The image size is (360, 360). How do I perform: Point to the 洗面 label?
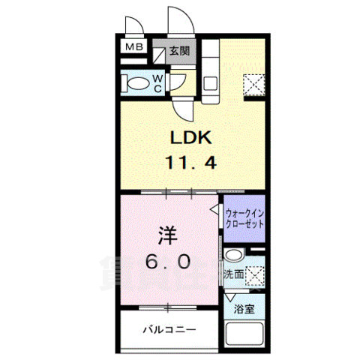232,275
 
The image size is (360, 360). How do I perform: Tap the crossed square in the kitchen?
253,85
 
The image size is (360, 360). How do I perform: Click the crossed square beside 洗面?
255,275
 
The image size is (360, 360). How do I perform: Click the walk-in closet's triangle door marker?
214,211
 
